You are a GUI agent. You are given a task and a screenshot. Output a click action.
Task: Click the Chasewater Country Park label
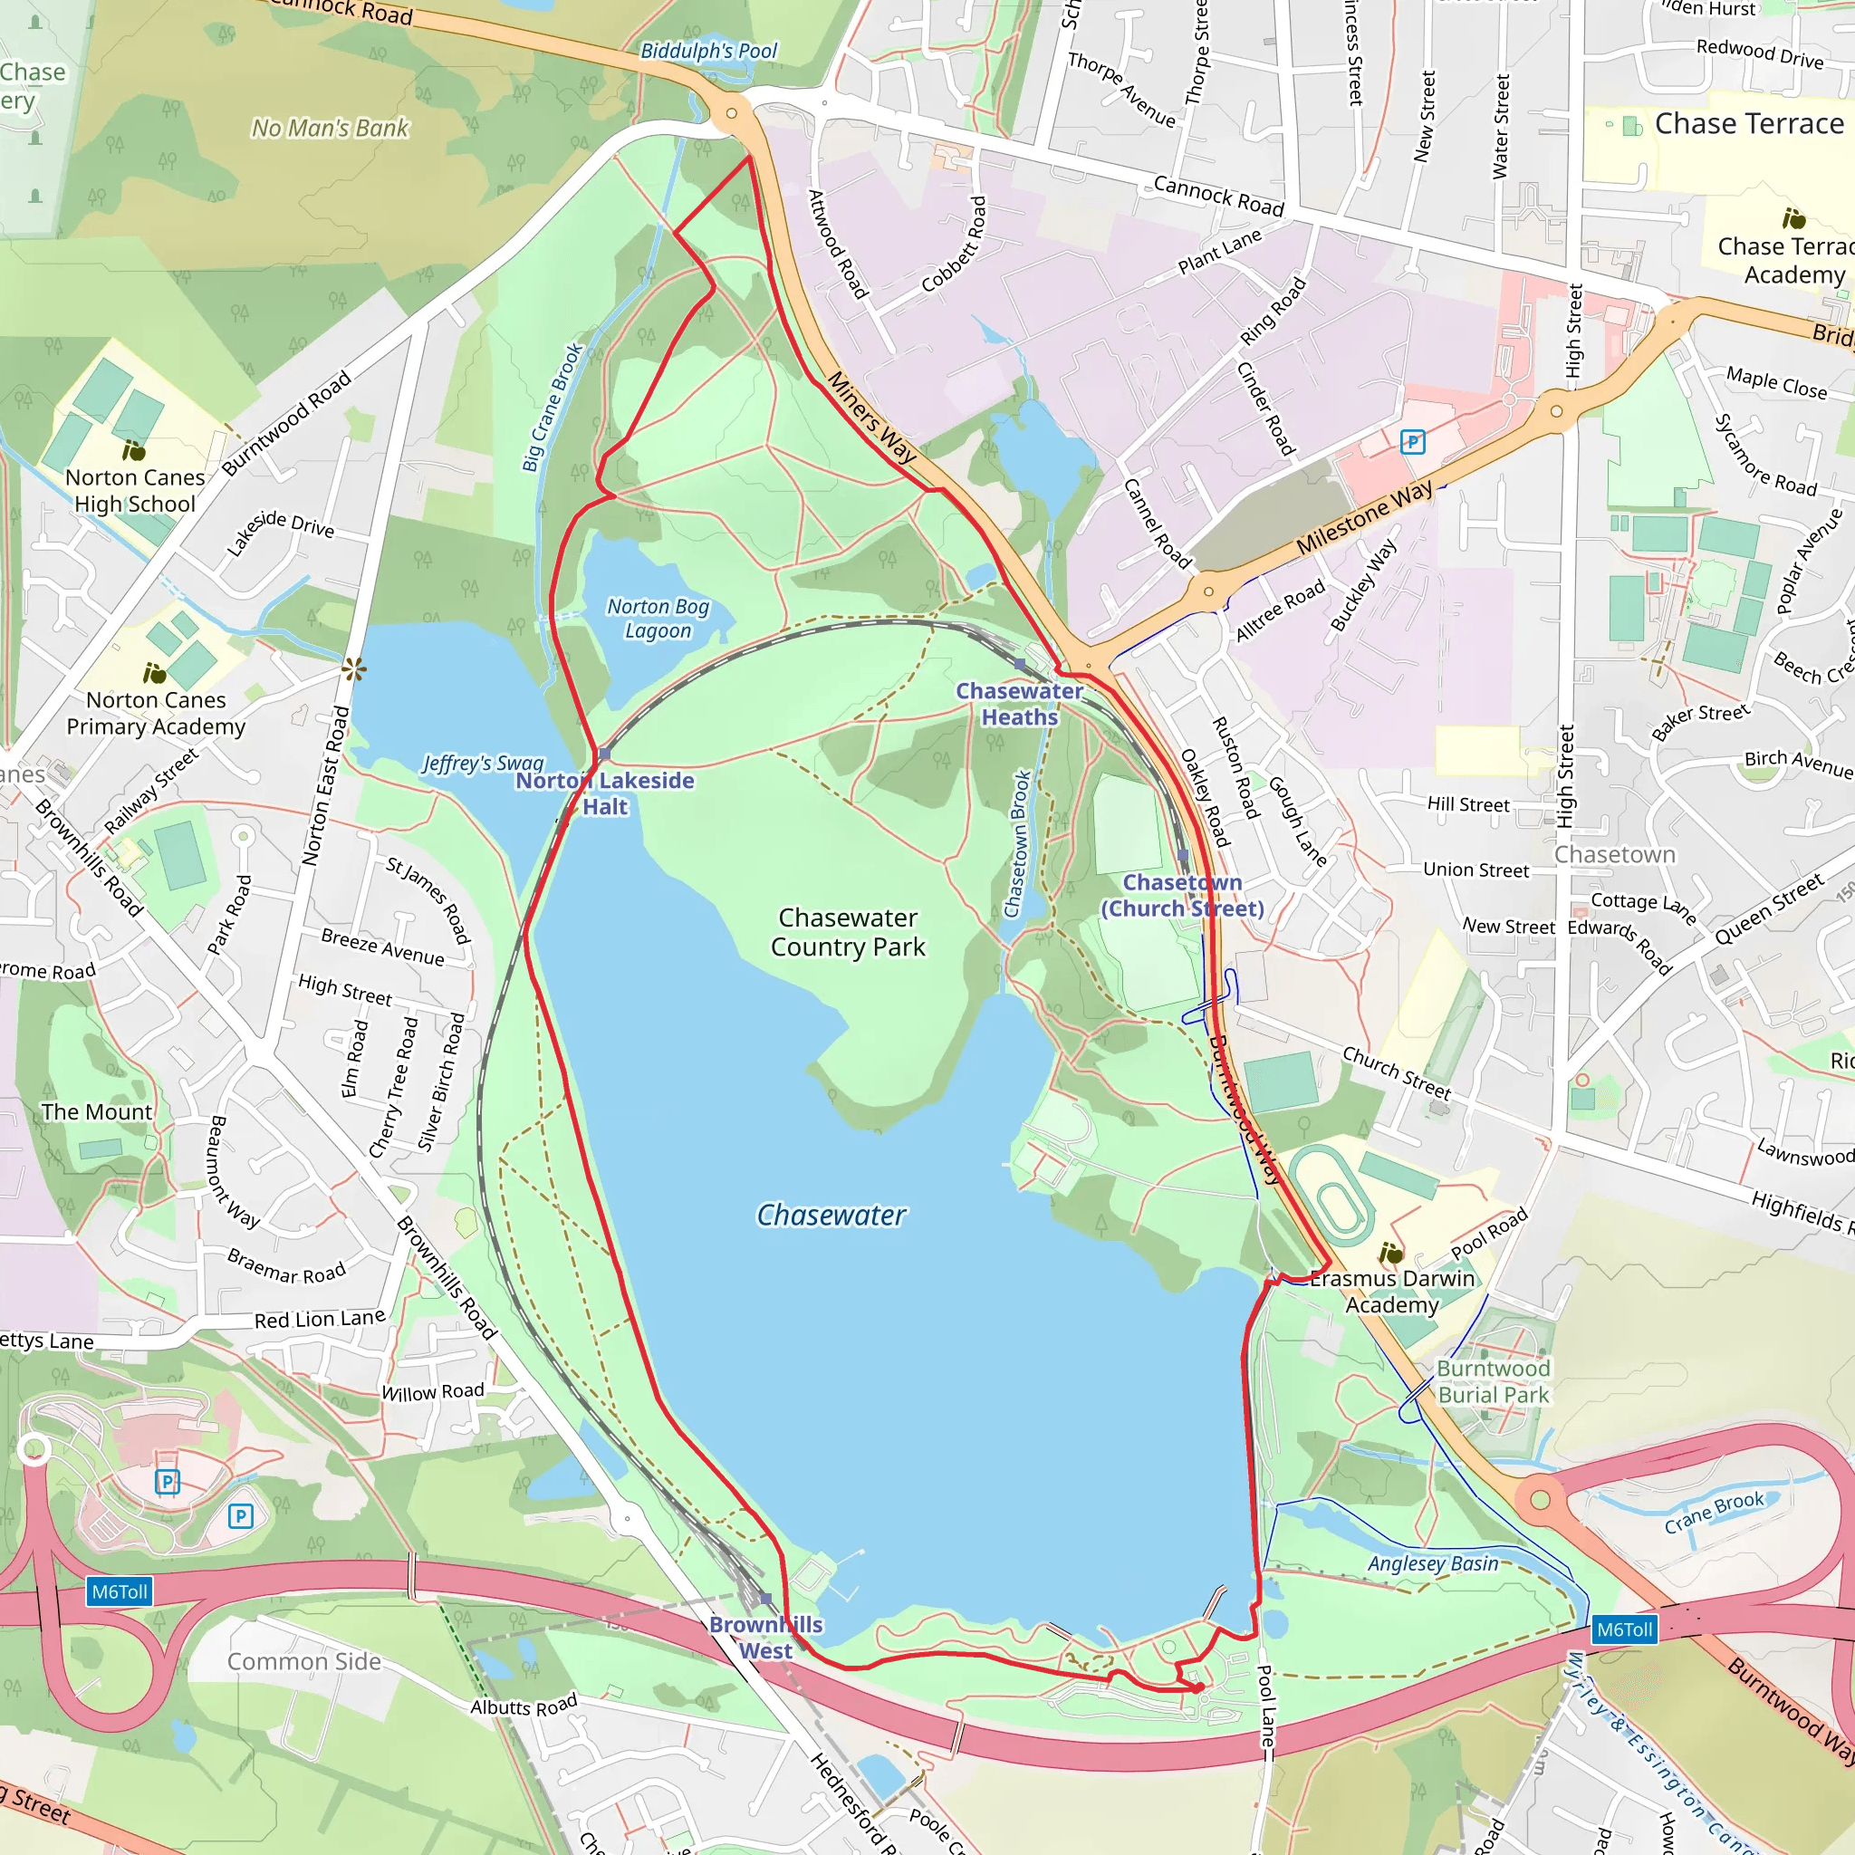coord(848,932)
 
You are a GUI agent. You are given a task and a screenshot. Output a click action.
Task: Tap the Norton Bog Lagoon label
coord(658,619)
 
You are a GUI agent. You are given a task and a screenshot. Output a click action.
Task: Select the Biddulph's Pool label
coord(708,51)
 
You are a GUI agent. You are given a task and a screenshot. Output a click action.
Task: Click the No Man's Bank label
coord(331,128)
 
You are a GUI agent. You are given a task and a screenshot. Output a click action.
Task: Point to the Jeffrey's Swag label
coord(483,764)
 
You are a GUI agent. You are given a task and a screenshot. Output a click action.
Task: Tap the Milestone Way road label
coord(1363,516)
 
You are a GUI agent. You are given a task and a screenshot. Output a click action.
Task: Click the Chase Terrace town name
coord(1749,124)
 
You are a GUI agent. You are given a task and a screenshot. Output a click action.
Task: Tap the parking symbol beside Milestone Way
coord(1412,443)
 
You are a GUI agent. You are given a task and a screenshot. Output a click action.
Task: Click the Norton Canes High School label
coord(135,491)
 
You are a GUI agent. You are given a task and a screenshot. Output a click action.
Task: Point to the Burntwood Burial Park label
coord(1493,1381)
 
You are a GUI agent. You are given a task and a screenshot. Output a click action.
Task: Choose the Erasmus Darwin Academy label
coord(1392,1292)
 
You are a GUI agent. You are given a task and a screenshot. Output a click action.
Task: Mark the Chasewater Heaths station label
coord(1020,704)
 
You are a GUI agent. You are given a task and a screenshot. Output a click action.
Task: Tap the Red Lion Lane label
coord(320,1319)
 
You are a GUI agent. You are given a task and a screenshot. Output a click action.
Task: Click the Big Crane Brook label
coord(553,408)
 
